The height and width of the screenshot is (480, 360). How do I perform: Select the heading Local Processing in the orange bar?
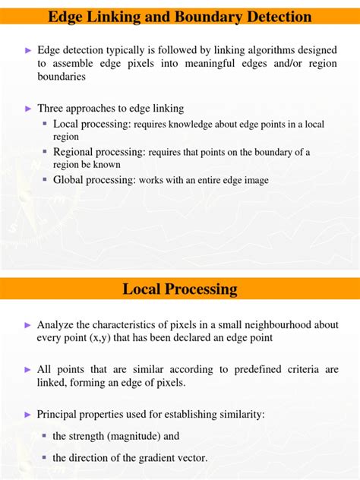point(180,289)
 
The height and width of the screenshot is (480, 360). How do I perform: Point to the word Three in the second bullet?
point(51,108)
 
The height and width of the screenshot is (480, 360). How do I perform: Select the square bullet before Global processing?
point(46,179)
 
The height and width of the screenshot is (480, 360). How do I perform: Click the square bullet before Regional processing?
point(46,152)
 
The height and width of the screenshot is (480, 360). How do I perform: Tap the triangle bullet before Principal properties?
point(28,415)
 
